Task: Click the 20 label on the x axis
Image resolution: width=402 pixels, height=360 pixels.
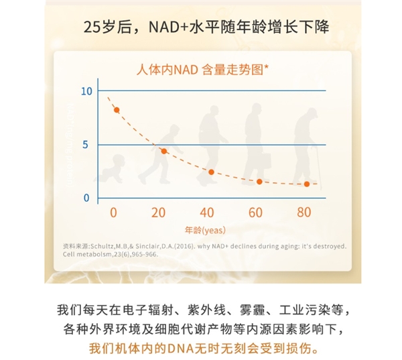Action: click(x=158, y=213)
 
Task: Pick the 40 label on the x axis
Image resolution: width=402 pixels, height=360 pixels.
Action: click(x=206, y=213)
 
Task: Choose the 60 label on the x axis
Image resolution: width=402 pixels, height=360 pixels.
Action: click(x=255, y=213)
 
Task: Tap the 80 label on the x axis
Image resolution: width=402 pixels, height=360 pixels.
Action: click(x=304, y=213)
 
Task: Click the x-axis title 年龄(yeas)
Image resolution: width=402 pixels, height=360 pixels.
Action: click(x=204, y=230)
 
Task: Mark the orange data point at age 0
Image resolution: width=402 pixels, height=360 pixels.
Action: click(x=117, y=110)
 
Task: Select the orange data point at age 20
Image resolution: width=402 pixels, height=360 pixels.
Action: click(x=163, y=152)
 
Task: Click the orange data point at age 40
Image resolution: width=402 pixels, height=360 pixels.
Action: click(x=211, y=172)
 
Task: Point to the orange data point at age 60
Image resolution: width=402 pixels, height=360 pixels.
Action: click(x=259, y=182)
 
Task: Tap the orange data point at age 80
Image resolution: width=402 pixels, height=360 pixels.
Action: click(x=307, y=184)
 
